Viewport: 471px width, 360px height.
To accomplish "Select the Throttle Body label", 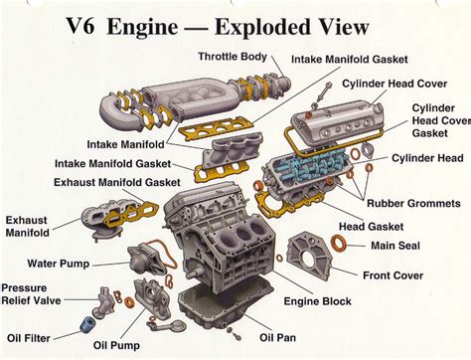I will click(233, 56).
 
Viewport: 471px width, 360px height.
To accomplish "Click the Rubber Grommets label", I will click(415, 205).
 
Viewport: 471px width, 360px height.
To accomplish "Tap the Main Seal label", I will click(396, 245).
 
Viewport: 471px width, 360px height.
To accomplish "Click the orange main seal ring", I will click(339, 244).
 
